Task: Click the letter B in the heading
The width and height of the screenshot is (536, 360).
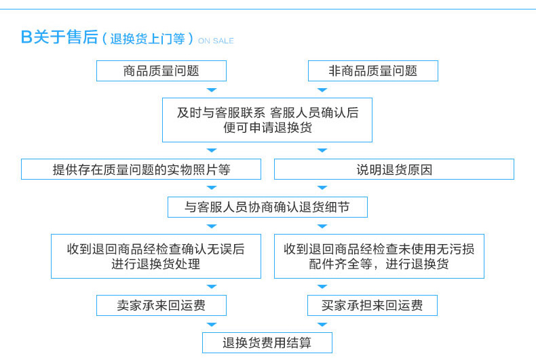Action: pyautogui.click(x=26, y=37)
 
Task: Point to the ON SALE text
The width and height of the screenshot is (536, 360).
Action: pyautogui.click(x=216, y=41)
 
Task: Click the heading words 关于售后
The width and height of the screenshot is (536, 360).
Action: pyautogui.click(x=65, y=37)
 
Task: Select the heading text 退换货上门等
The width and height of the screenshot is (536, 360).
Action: pyautogui.click(x=147, y=39)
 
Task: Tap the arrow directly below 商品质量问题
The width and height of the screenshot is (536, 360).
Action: pyautogui.click(x=212, y=89)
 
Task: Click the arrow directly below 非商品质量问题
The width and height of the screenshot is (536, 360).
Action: pyautogui.click(x=322, y=89)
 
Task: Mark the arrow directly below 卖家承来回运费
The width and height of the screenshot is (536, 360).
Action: pyautogui.click(x=212, y=325)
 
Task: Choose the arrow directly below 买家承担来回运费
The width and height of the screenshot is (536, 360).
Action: pyautogui.click(x=322, y=325)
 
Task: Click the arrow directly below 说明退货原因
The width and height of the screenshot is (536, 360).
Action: pyautogui.click(x=322, y=188)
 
